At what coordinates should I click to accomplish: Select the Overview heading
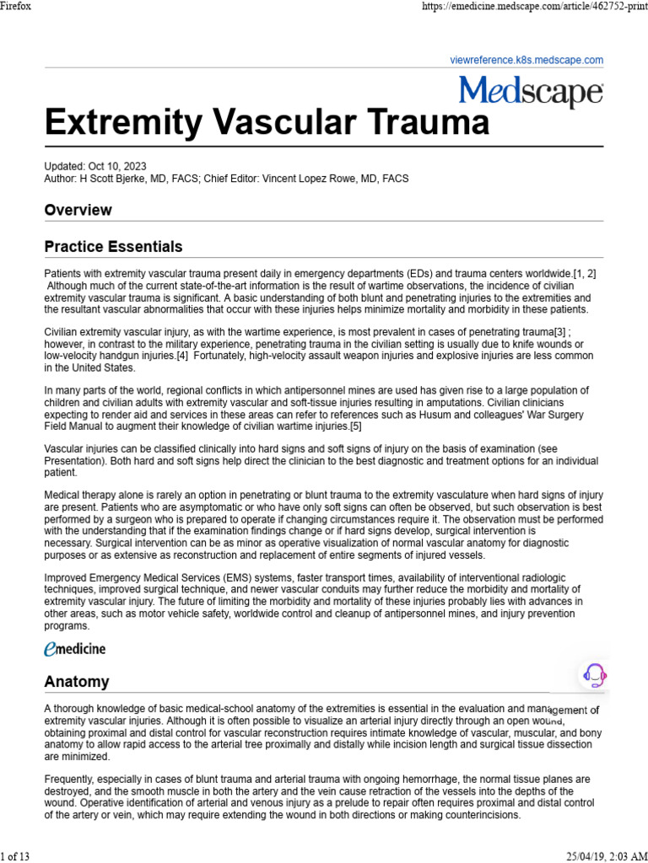pyautogui.click(x=78, y=210)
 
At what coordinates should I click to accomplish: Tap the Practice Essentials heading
pyautogui.click(x=113, y=247)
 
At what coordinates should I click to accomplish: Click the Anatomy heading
pyautogui.click(x=77, y=682)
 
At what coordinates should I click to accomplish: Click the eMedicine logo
pyautogui.click(x=75, y=648)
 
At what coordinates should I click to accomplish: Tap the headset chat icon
pyautogui.click(x=595, y=675)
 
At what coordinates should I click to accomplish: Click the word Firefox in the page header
pyautogui.click(x=16, y=6)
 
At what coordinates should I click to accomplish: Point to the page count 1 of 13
pyautogui.click(x=15, y=856)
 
